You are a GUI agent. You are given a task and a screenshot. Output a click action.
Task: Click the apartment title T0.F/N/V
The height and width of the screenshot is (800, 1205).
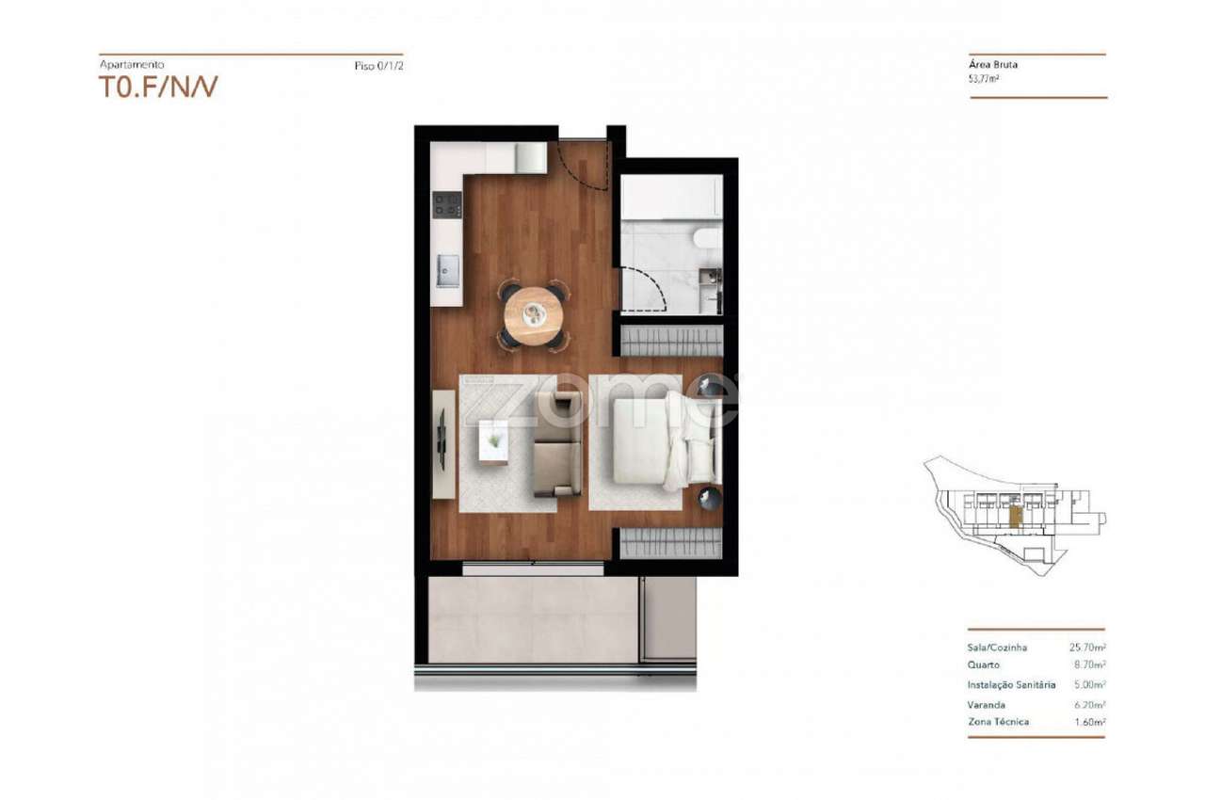click(x=158, y=88)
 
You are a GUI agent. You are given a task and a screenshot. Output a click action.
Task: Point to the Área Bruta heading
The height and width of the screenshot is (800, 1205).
click(x=993, y=66)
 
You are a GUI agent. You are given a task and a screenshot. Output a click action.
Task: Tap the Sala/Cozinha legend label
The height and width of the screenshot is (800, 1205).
click(x=997, y=648)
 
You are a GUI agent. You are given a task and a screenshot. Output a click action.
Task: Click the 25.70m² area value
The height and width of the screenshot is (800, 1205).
click(x=1086, y=648)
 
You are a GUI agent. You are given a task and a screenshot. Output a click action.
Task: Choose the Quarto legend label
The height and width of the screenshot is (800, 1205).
click(x=983, y=664)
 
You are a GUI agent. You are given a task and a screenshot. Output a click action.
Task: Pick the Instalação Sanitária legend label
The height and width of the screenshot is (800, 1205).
click(x=1011, y=685)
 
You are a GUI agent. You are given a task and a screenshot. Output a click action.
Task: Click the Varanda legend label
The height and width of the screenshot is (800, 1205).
click(x=986, y=705)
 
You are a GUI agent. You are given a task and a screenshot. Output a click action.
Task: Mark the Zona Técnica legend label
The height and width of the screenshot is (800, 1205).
click(x=998, y=722)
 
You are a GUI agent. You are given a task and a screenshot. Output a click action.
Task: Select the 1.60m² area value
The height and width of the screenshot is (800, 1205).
click(x=1088, y=722)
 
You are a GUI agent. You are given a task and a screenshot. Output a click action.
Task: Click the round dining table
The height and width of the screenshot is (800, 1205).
click(x=533, y=316)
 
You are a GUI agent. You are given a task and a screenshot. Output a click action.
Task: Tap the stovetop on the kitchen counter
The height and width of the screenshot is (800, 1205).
click(x=446, y=204)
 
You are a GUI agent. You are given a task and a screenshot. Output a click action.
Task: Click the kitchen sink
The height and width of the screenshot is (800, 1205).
click(x=447, y=271)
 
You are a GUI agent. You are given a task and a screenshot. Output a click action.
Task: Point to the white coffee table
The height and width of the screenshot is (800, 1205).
click(x=493, y=440)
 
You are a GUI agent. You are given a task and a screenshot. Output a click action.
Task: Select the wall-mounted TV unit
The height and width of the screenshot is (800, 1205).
click(x=442, y=443)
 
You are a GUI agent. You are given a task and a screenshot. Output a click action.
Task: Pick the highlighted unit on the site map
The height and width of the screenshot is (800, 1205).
click(x=1015, y=516)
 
